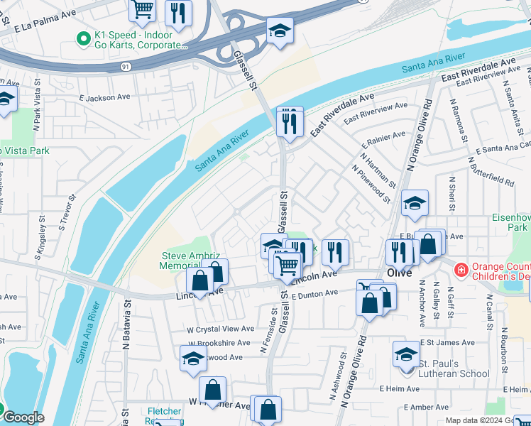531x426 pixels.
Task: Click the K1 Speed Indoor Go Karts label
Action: pos(138,39)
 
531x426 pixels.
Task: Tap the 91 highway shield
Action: pos(125,66)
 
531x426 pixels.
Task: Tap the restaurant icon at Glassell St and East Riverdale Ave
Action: pos(290,122)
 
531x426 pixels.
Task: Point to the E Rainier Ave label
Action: pos(383,134)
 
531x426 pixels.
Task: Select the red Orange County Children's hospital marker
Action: pos(461,270)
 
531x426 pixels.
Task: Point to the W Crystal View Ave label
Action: pos(220,329)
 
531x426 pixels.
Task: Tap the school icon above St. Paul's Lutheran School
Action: pos(406,354)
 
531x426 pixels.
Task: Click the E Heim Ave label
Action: pos(401,389)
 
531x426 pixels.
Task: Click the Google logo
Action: pos(23,417)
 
